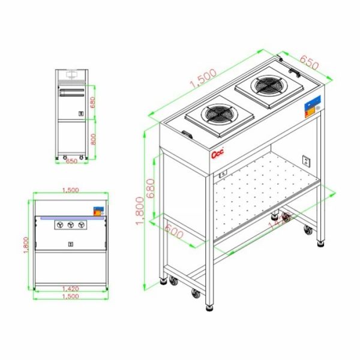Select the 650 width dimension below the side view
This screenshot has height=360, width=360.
[71, 161]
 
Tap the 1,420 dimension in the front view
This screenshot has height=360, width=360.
[70, 289]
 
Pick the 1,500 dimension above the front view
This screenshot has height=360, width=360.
[70, 190]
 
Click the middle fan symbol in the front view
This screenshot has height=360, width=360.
[71, 224]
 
